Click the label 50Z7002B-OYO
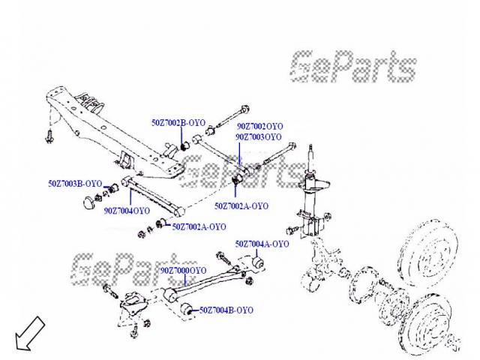click(x=178, y=121)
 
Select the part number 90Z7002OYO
click(x=260, y=127)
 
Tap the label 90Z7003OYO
click(x=259, y=137)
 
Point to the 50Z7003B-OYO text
click(x=75, y=183)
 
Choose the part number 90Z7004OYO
click(x=127, y=211)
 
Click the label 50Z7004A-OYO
click(x=262, y=244)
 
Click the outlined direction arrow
click(x=28, y=334)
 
